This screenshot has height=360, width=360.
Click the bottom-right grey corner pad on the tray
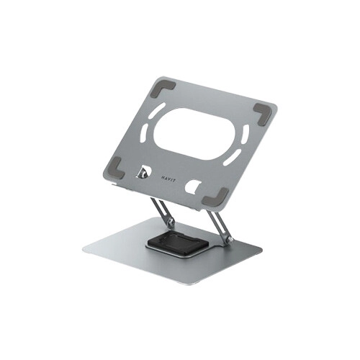[x=215, y=197]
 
